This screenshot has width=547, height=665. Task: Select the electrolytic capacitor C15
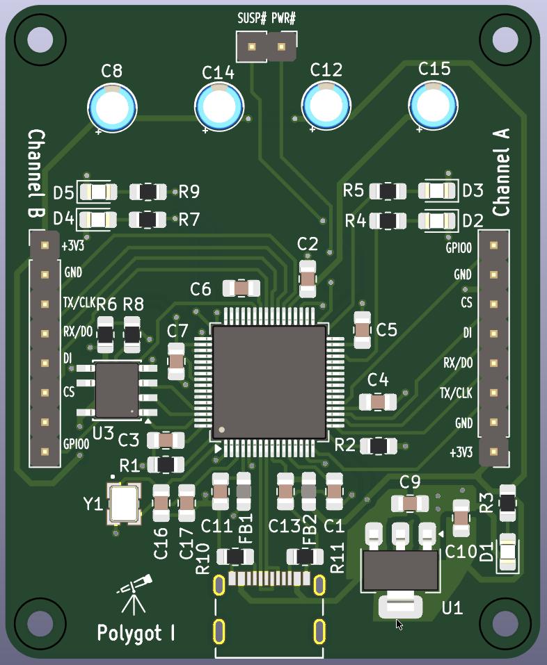click(x=434, y=105)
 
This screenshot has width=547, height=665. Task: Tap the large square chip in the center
click(x=269, y=382)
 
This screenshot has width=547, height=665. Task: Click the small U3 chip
click(x=117, y=390)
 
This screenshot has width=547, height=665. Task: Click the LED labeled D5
click(x=97, y=191)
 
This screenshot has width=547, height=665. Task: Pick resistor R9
click(x=148, y=191)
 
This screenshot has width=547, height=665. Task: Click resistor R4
click(x=388, y=221)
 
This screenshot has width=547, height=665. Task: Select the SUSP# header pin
click(x=251, y=48)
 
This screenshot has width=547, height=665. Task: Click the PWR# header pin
click(x=282, y=48)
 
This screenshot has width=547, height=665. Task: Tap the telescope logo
click(x=135, y=594)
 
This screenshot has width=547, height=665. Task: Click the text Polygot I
click(x=136, y=633)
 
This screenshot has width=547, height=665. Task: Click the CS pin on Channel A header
click(x=493, y=304)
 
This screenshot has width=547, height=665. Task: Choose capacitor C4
click(x=377, y=402)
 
